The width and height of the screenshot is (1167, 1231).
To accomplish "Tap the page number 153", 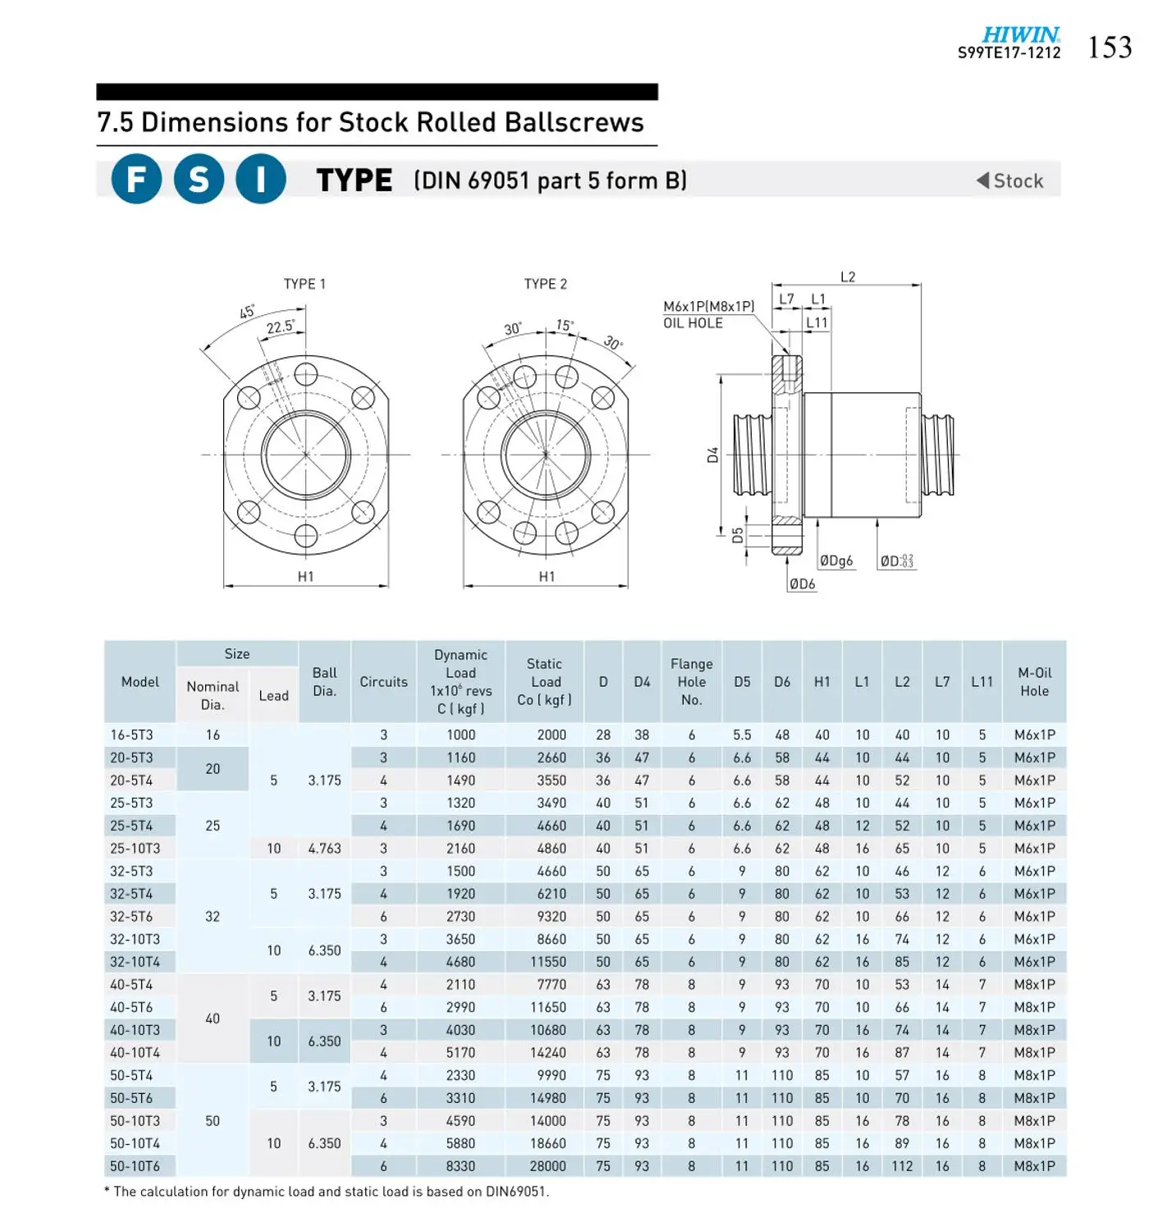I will [1110, 48].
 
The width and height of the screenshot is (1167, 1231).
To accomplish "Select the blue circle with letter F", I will [136, 179].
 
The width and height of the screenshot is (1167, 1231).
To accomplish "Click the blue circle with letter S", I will [199, 179].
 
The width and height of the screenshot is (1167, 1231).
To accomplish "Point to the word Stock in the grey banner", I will [1018, 181].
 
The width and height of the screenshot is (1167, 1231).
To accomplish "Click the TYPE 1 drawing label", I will [304, 284].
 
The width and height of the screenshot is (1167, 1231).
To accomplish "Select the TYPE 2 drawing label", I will [546, 284].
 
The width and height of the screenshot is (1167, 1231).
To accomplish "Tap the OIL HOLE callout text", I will [693, 323].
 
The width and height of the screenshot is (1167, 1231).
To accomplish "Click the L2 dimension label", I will [848, 277].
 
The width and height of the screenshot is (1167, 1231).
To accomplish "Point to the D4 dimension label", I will [713, 455].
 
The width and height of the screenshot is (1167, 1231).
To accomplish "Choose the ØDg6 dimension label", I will [836, 561].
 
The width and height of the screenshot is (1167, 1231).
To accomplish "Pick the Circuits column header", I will [383, 682].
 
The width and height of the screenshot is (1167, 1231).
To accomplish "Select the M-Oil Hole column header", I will [1034, 682].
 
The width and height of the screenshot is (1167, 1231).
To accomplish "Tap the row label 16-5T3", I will [131, 735].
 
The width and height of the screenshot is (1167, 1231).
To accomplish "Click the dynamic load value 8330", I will [460, 1166].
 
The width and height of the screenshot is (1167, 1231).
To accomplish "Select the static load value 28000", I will [547, 1166].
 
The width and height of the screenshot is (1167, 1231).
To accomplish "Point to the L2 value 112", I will [902, 1166].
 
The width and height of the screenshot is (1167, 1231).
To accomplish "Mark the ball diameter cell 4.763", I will [324, 849].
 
